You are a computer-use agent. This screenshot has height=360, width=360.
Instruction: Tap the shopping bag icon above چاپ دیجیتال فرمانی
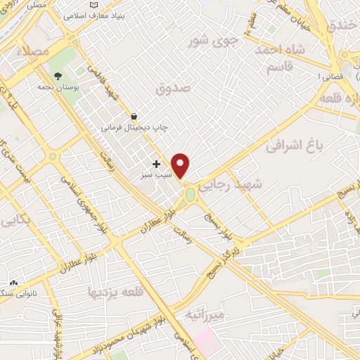coord(134,115)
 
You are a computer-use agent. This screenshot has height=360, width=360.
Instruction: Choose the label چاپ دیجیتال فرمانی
coord(133,128)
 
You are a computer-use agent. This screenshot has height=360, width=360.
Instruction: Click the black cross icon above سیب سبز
coord(156,164)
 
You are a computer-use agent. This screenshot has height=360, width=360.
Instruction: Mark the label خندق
coord(343,26)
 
